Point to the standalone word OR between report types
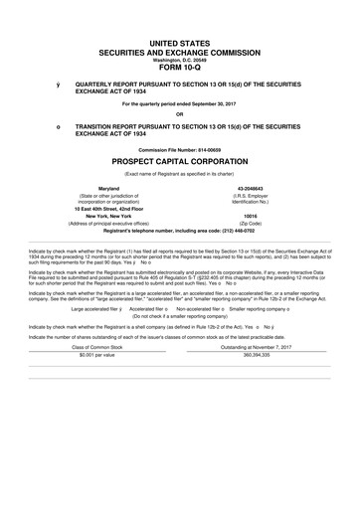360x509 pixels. click(x=180, y=112)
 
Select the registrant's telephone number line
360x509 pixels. click(x=180, y=230)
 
